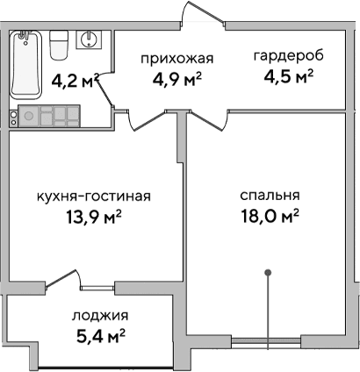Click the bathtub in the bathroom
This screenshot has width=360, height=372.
click(x=26, y=65)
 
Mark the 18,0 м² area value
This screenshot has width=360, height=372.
click(x=270, y=216)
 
